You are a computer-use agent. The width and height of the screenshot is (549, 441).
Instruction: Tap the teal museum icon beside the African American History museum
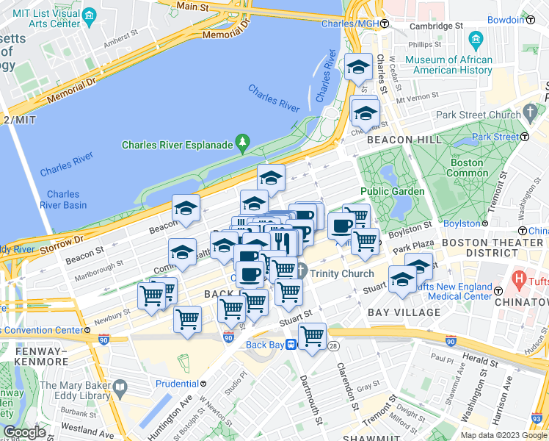pos(476,38)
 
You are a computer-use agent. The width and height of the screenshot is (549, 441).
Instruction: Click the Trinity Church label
pos(342,273)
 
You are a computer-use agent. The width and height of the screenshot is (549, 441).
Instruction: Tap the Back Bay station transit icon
pos(291,344)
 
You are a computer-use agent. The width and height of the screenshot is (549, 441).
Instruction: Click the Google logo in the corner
pos(24,432)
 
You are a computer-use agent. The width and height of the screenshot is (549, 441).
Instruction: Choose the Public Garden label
pos(392,191)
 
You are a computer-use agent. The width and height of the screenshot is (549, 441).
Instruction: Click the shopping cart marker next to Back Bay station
pos(313,337)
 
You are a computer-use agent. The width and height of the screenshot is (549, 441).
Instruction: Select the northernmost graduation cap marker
pos(357,67)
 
